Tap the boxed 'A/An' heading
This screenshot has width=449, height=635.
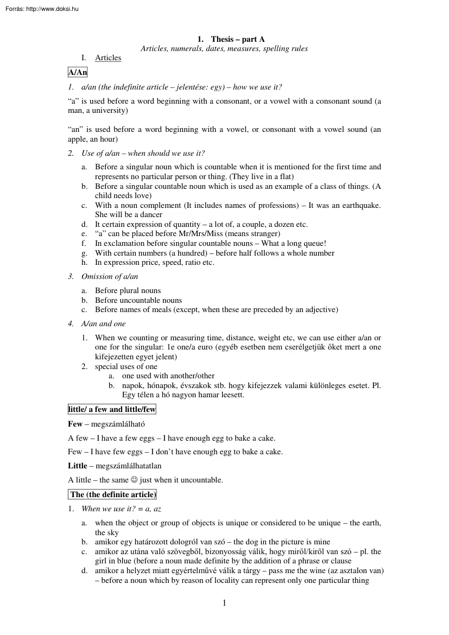[78, 72]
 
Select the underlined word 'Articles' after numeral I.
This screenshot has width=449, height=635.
[108, 58]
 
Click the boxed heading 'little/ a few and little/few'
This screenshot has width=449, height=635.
[112, 409]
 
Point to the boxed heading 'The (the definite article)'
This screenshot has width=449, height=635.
[113, 494]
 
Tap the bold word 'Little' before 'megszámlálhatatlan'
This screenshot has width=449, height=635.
[78, 466]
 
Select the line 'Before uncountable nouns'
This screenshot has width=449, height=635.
[138, 300]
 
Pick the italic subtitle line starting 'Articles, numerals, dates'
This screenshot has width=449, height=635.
[224, 49]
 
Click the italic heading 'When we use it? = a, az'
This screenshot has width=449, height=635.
[121, 509]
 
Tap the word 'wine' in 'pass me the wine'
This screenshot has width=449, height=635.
[329, 570]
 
